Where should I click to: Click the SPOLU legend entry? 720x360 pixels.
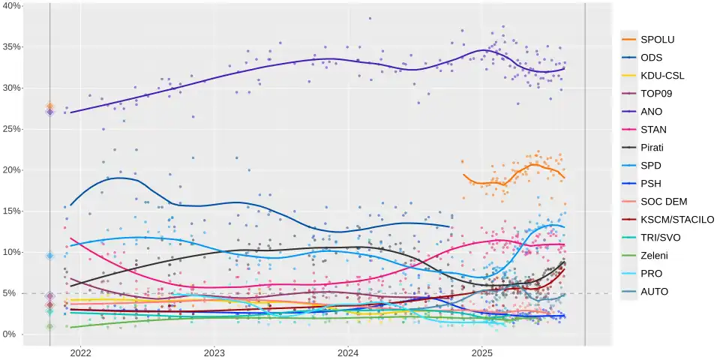(656, 40)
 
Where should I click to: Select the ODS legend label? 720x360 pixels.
(652, 58)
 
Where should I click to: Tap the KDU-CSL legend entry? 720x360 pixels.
(662, 76)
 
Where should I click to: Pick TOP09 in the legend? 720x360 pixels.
(655, 94)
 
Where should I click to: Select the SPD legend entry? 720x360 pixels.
(651, 166)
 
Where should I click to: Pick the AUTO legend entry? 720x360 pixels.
(655, 292)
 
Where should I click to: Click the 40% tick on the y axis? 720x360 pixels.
(12, 6)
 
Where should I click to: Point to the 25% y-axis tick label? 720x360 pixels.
(12, 129)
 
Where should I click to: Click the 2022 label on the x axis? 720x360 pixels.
(80, 352)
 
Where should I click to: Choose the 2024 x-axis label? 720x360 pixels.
(348, 352)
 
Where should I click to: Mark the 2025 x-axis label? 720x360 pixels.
(482, 352)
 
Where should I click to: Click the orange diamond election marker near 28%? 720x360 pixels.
(50, 106)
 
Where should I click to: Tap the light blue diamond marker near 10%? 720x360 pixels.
(50, 256)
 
